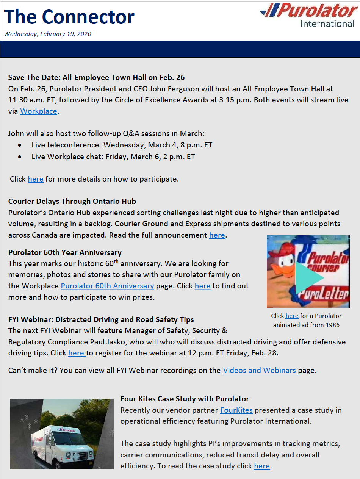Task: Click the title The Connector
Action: point(69,17)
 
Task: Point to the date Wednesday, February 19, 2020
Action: point(48,34)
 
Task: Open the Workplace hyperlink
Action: point(38,111)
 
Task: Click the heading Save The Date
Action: point(96,78)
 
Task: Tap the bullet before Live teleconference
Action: point(20,146)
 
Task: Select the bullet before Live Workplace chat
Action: point(20,157)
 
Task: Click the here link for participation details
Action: point(36,179)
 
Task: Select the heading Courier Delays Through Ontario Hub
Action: point(72,201)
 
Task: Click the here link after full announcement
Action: point(217,235)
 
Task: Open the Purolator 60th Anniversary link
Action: point(107,286)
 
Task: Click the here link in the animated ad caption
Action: point(292,316)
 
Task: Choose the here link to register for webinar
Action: point(76,353)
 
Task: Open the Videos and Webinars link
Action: point(260,371)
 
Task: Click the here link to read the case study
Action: point(262,466)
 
